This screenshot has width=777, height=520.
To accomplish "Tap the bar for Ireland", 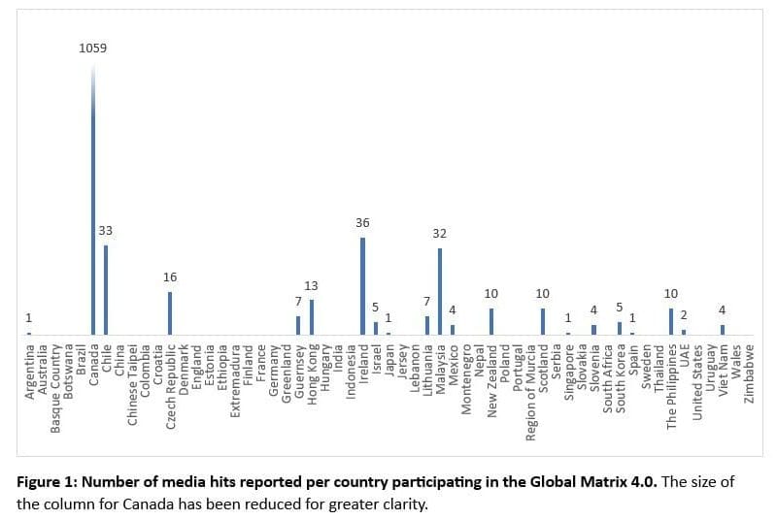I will point(362,285).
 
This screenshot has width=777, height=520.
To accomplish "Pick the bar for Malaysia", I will point(439,291).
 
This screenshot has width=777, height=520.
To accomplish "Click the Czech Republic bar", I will point(170,312).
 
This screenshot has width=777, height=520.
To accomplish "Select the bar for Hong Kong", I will point(312,316).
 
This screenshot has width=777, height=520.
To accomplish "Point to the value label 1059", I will point(93,47).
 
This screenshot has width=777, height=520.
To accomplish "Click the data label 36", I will point(362,223).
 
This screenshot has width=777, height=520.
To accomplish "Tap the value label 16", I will point(170,277).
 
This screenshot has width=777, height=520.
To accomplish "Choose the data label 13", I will point(312,286).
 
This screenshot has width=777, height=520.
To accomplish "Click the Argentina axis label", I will point(29,370).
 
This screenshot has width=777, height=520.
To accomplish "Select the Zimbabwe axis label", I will point(749,373).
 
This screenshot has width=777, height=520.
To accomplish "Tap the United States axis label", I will point(697,379).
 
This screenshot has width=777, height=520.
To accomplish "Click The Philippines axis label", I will point(671,385).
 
